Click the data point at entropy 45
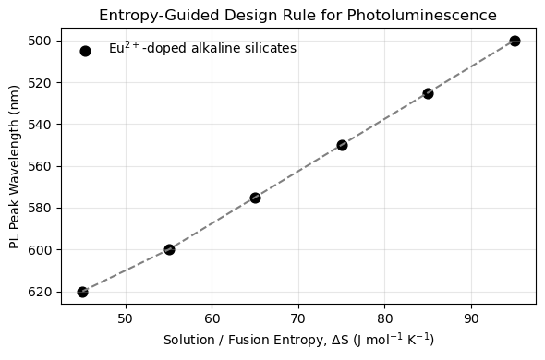pyautogui.click(x=82, y=292)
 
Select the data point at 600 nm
pyautogui.click(x=169, y=249)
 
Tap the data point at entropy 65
pyautogui.click(x=255, y=198)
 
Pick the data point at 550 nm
pyautogui.click(x=342, y=145)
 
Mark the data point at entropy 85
pyautogui.click(x=428, y=93)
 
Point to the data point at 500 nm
pyautogui.click(x=515, y=41)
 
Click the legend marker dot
pyautogui.click(x=85, y=51)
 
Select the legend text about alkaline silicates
pyautogui.click(x=202, y=48)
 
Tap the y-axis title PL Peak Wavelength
pyautogui.click(x=15, y=171)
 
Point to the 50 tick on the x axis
pyautogui.click(x=126, y=318)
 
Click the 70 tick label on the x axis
pyautogui.click(x=298, y=318)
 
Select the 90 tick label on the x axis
pyautogui.click(x=471, y=318)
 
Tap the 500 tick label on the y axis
pyautogui.click(x=41, y=41)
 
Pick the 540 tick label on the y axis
pyautogui.click(x=41, y=125)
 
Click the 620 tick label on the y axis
pyautogui.click(x=41, y=292)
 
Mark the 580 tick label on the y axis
pyautogui.click(x=41, y=208)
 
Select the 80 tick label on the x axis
pyautogui.click(x=385, y=318)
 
